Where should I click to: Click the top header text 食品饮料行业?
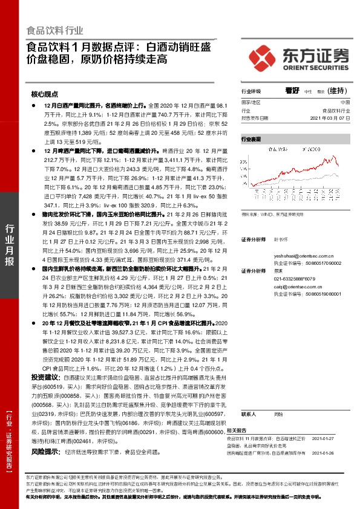[x=56, y=30]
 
